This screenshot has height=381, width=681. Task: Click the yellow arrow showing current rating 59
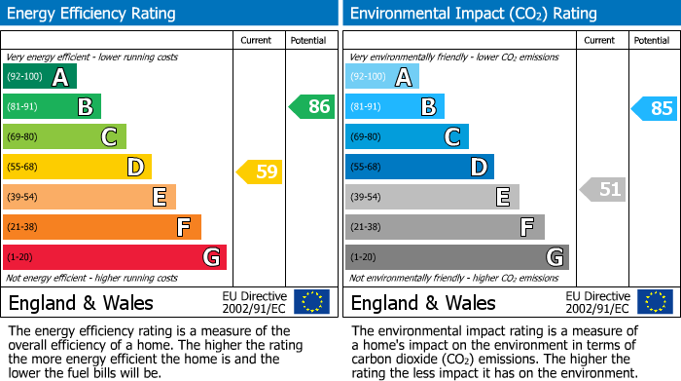click(x=260, y=172)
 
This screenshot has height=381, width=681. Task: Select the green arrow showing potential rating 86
click(x=312, y=107)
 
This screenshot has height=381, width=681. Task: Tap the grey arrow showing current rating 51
click(x=602, y=189)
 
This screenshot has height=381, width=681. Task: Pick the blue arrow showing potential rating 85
click(x=655, y=108)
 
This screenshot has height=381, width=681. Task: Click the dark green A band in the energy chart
click(x=40, y=77)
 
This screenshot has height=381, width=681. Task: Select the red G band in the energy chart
click(x=115, y=257)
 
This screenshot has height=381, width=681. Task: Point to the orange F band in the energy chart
click(x=102, y=227)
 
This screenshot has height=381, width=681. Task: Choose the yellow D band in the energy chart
click(x=77, y=167)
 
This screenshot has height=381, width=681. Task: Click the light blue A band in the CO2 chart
click(x=382, y=77)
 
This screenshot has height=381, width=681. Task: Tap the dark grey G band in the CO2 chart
click(x=457, y=257)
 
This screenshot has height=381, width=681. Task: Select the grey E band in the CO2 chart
click(x=432, y=197)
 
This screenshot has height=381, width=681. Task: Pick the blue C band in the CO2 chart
click(x=407, y=136)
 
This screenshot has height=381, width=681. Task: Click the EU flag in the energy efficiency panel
click(x=311, y=302)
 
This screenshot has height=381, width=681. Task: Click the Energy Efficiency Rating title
click(x=91, y=14)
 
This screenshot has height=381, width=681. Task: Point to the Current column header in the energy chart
click(x=258, y=40)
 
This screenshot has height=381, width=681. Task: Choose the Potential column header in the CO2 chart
click(x=652, y=40)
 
